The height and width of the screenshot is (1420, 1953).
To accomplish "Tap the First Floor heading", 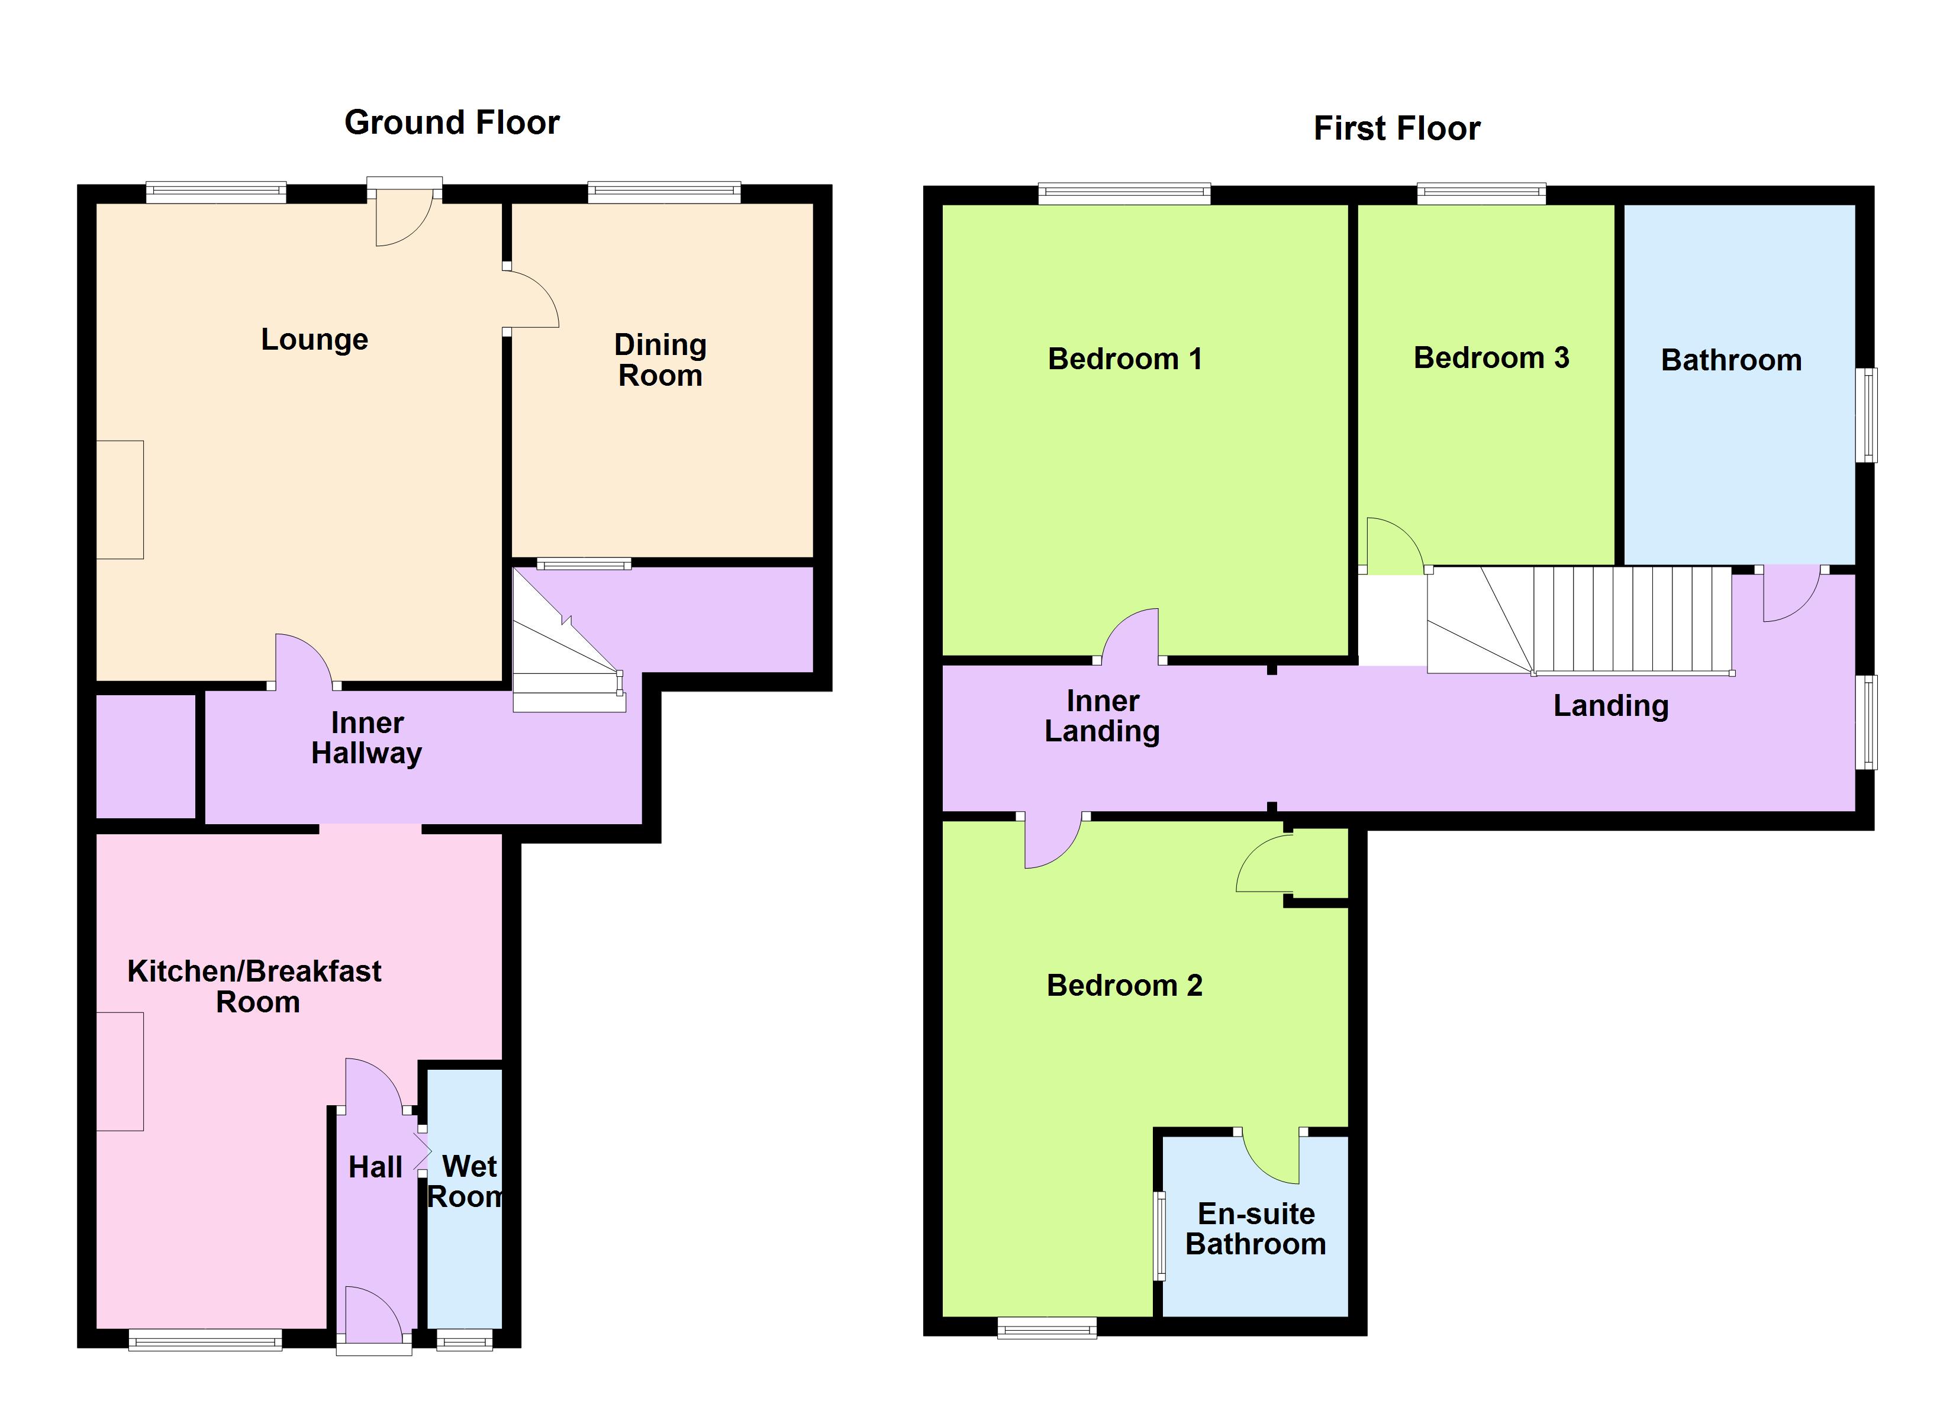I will [1396, 129].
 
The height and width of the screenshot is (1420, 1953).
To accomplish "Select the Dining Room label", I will [660, 360].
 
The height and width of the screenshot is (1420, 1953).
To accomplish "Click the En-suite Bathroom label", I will [1255, 1229].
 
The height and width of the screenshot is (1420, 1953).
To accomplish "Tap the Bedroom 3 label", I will [1491, 357].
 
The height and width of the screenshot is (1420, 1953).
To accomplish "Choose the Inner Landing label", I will [1101, 715].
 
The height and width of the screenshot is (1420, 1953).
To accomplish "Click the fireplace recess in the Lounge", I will [120, 499].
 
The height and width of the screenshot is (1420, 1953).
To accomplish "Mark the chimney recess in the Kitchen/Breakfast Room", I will [120, 1072].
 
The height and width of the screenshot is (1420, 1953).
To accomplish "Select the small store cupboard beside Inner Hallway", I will [144, 756].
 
